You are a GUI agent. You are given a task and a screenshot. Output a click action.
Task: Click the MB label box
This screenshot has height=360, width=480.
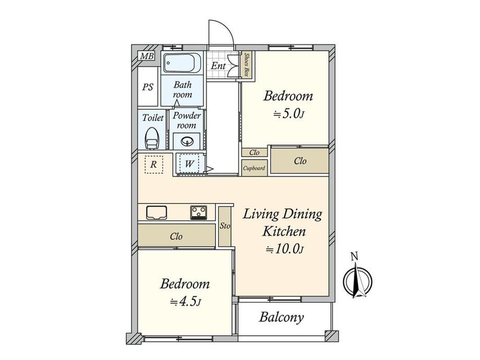[147, 56]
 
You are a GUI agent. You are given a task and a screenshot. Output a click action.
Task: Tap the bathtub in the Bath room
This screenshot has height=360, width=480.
[182, 63]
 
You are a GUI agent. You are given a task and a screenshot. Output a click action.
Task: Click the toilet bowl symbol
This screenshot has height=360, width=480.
[152, 138]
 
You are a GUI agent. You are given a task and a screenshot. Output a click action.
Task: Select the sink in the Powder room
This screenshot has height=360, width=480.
[186, 141]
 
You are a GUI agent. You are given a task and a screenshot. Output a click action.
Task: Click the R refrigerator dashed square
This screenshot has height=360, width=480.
[154, 164]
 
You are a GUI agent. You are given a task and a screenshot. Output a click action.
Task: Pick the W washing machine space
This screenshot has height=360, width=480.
[189, 164]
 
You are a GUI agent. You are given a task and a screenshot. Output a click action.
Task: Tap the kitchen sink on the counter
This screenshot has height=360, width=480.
[157, 213]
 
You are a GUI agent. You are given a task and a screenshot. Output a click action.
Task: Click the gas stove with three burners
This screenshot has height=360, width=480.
[199, 212]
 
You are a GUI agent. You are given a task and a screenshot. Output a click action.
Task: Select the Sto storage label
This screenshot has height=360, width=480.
[225, 226]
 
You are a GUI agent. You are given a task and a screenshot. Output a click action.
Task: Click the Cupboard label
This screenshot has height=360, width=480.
[254, 168]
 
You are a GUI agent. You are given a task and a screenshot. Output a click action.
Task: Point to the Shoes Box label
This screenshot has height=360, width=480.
[246, 65]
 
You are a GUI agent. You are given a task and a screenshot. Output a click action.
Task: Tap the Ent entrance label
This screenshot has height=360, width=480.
[218, 66]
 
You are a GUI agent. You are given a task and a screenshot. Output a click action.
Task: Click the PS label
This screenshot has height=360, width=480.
[148, 87]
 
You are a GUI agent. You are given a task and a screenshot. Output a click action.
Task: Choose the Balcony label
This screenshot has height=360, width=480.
[281, 317]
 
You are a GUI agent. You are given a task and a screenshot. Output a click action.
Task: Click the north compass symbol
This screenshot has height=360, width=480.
[357, 282]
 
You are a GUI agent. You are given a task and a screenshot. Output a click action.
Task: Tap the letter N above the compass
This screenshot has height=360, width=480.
[354, 257]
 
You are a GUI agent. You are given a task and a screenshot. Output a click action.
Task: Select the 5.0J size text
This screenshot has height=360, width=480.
[289, 114]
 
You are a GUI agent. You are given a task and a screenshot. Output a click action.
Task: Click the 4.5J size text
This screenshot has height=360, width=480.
[186, 302]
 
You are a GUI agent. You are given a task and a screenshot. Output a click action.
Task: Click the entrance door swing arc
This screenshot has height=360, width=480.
[225, 28]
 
